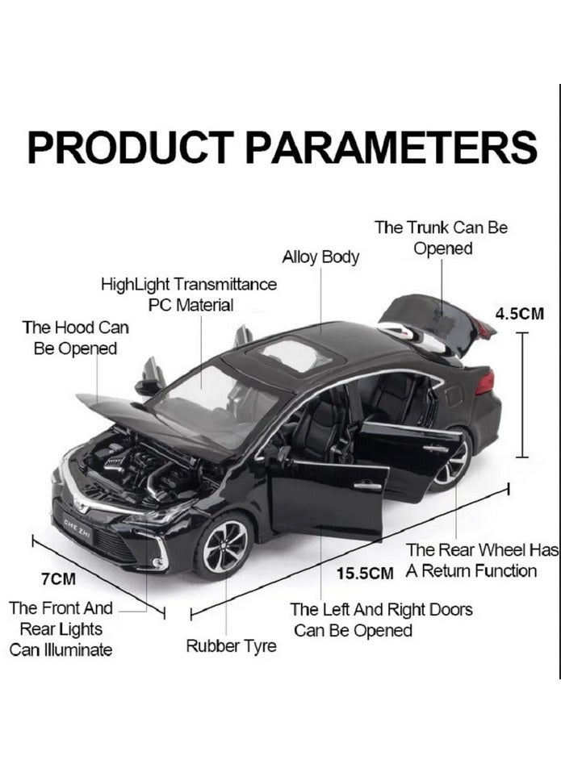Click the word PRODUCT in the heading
point(131,147)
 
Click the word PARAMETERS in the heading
point(391,147)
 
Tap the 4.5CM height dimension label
point(520,314)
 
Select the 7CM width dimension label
point(58,578)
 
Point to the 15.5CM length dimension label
point(365,574)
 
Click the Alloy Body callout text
point(320,257)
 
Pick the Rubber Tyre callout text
point(232,646)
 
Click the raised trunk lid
point(433,324)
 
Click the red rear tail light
point(485,382)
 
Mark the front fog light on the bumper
point(158,562)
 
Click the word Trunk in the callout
point(428,228)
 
